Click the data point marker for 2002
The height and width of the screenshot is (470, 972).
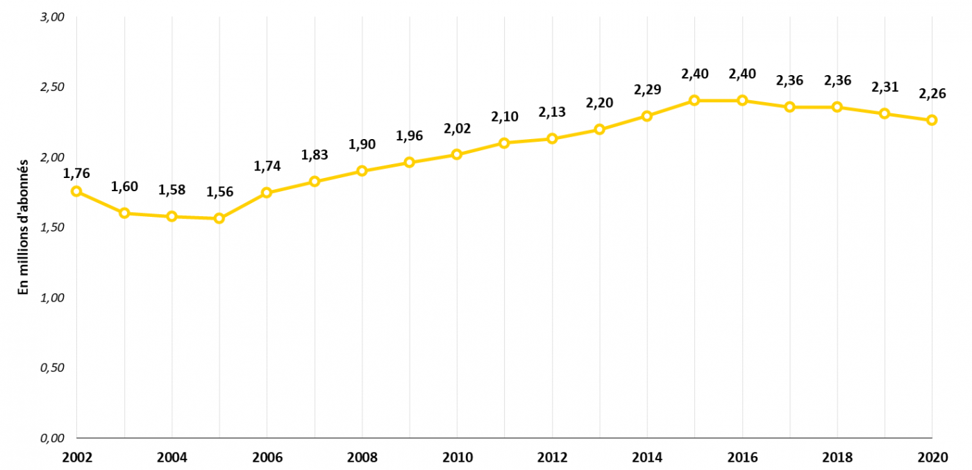76,191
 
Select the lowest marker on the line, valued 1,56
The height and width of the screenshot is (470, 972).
219,218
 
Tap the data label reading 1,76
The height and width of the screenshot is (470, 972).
76,173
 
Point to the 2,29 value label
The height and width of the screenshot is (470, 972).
647,90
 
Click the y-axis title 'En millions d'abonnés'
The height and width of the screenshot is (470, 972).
23,227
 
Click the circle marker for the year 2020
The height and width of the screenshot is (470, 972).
932,120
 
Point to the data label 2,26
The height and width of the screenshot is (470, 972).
932,94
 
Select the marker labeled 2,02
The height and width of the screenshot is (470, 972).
457,154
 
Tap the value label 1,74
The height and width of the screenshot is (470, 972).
267,166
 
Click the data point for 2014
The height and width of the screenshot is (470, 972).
647,116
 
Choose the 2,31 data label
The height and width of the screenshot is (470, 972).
885,87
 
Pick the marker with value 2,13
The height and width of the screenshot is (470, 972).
552,139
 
